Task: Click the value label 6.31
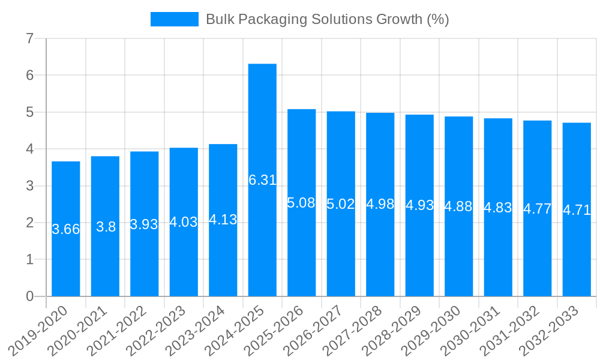point(262,180)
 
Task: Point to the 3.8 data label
point(106,227)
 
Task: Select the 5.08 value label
point(301,203)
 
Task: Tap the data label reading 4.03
point(184,222)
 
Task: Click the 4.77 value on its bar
point(537,209)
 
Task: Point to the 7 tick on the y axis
point(29,39)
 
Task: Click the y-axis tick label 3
point(29,186)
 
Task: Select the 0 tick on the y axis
point(29,296)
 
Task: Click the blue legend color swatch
point(174,19)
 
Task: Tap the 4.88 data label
point(458,206)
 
